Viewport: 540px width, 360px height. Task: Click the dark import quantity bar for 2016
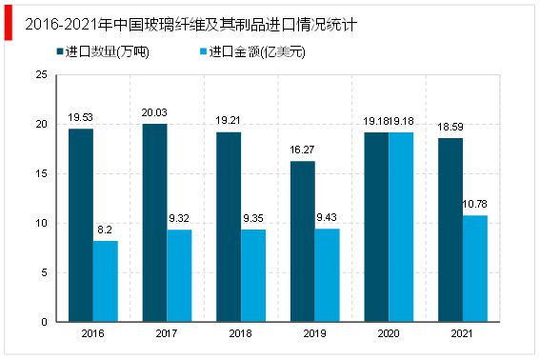81,225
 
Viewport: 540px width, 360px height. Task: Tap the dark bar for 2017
154,223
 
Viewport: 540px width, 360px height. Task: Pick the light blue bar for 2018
253,275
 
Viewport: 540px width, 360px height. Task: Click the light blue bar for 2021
474,269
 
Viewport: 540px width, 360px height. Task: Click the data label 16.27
302,150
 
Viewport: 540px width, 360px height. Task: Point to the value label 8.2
106,230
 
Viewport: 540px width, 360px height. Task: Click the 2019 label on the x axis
314,334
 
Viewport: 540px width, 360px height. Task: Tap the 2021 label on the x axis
462,334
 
